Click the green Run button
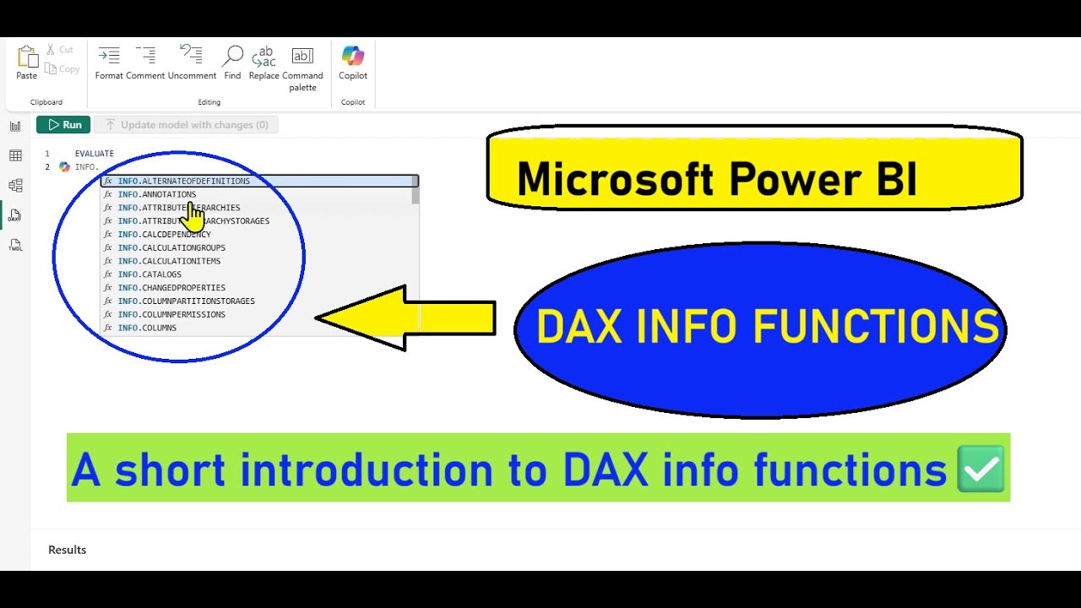63,125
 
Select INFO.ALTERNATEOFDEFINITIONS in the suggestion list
183,181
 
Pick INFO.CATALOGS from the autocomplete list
149,274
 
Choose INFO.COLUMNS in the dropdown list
147,328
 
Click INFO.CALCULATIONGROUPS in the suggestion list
171,247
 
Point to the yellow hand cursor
194,217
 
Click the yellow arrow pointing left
405,318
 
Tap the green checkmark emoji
981,469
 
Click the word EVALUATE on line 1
94,154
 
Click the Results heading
68,550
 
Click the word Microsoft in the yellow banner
615,179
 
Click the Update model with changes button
186,125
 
